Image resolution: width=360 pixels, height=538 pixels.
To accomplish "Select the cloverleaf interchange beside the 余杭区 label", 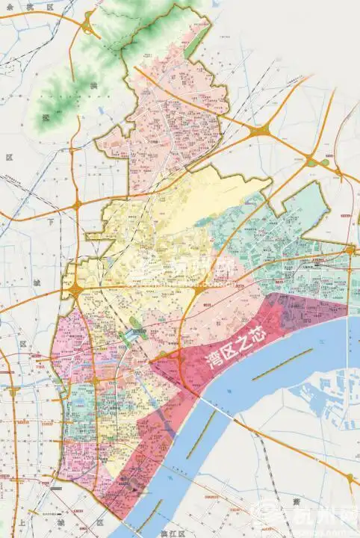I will pyautogui.click(x=89, y=28).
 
